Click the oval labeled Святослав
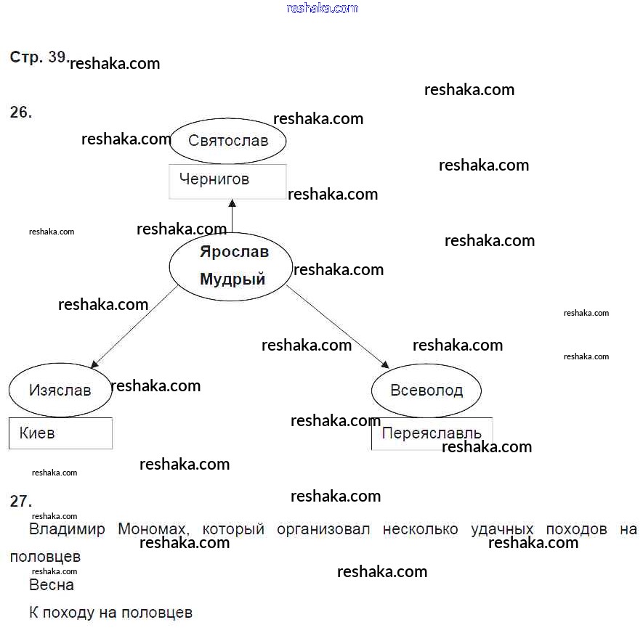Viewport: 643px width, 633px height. click(x=227, y=141)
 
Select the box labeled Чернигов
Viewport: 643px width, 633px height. click(x=227, y=181)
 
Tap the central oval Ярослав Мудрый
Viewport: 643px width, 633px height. click(x=231, y=266)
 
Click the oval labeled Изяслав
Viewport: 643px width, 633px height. click(x=60, y=391)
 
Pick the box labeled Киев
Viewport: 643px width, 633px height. click(x=60, y=433)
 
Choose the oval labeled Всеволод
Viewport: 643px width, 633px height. click(x=426, y=391)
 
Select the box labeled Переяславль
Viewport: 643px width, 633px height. click(x=431, y=433)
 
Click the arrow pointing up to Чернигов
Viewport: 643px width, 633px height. click(x=232, y=216)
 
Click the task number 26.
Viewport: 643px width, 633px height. click(x=21, y=113)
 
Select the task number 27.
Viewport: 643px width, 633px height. click(x=21, y=501)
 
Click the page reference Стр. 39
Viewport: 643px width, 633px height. click(x=39, y=57)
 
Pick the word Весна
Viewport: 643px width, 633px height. click(x=51, y=584)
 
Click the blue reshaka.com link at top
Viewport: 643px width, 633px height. click(x=323, y=8)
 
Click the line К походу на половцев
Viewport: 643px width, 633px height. click(x=110, y=613)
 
